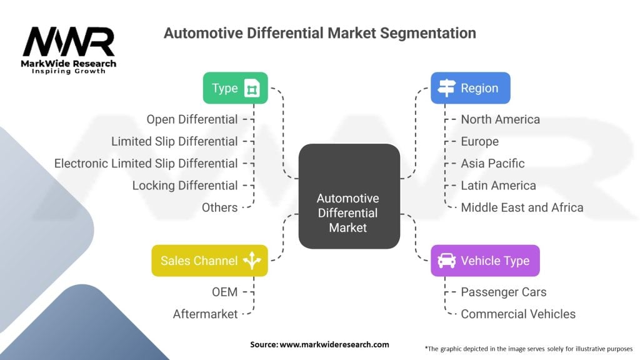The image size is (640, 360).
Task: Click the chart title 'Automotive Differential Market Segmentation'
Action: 319,32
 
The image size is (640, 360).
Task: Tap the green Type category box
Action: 235,88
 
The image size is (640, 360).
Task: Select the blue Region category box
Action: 470,88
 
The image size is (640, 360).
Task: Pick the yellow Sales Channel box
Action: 209,261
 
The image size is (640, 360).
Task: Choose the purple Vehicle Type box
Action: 485,261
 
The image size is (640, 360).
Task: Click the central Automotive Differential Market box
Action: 348,213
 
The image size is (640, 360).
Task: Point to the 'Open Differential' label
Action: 192,119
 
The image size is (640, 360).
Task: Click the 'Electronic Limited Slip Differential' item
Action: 146,163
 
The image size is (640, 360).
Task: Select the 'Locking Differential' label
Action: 185,186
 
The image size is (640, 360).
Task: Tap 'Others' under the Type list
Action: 219,207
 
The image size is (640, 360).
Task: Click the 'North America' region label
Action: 500,119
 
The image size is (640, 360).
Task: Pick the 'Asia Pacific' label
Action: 492,163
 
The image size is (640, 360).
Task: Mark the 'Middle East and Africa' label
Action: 522,207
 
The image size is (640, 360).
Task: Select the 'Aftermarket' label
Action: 205,314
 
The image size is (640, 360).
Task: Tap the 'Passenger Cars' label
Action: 503,292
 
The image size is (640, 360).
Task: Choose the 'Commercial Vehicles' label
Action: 518,314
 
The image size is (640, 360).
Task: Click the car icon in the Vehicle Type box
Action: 447,261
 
